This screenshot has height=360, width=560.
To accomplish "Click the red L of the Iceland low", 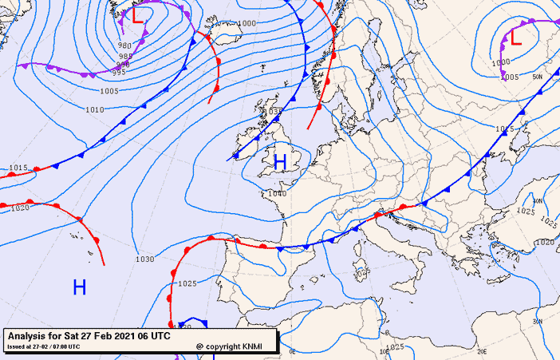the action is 139,15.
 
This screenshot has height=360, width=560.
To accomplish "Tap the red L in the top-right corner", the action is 515,36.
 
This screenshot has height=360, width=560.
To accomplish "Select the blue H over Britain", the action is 280,162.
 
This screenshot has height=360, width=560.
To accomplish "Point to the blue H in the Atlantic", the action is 79,287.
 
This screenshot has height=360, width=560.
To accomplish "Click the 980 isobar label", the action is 124,46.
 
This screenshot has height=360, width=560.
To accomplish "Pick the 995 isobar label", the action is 118,73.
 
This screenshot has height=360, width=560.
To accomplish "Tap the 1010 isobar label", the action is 94,109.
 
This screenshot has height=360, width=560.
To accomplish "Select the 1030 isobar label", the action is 144,259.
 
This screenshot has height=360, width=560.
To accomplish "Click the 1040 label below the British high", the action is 278,193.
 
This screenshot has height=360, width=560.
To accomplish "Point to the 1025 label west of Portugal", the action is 187,283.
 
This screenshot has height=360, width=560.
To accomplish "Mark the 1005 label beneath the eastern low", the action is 511,77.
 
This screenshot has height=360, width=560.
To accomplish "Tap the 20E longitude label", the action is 482,350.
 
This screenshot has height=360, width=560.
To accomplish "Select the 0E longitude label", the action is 292,351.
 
